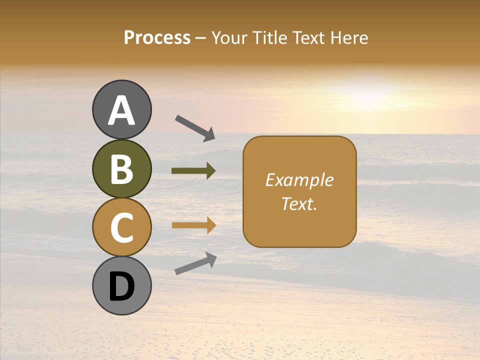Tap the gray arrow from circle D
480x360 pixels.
click(195, 263)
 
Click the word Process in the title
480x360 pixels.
click(157, 38)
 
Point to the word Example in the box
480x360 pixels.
click(299, 180)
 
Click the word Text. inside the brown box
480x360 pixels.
click(299, 204)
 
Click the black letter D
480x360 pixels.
click(121, 287)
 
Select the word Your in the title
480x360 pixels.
click(229, 38)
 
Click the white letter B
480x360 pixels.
click(121, 169)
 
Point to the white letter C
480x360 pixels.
click(121, 227)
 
